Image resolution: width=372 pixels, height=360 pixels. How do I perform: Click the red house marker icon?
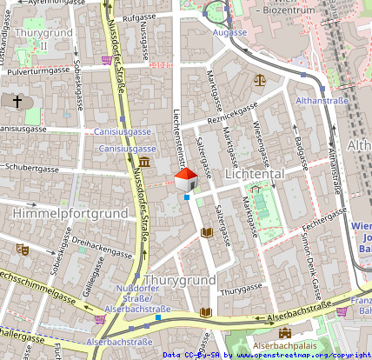(186, 181)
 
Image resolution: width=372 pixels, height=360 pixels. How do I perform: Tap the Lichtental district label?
(255, 174)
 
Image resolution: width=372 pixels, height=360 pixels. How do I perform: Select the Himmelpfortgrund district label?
(59, 212)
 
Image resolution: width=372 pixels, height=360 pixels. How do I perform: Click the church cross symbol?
(17, 103)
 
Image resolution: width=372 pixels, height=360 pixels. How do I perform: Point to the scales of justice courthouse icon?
(259, 79)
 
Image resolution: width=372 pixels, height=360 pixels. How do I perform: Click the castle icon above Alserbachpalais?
(284, 333)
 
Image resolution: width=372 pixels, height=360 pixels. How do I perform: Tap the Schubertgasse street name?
(31, 169)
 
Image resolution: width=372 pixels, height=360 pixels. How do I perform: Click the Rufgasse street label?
(139, 17)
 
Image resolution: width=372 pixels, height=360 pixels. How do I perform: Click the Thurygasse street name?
(240, 293)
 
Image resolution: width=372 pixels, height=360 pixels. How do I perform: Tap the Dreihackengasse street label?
(102, 249)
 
